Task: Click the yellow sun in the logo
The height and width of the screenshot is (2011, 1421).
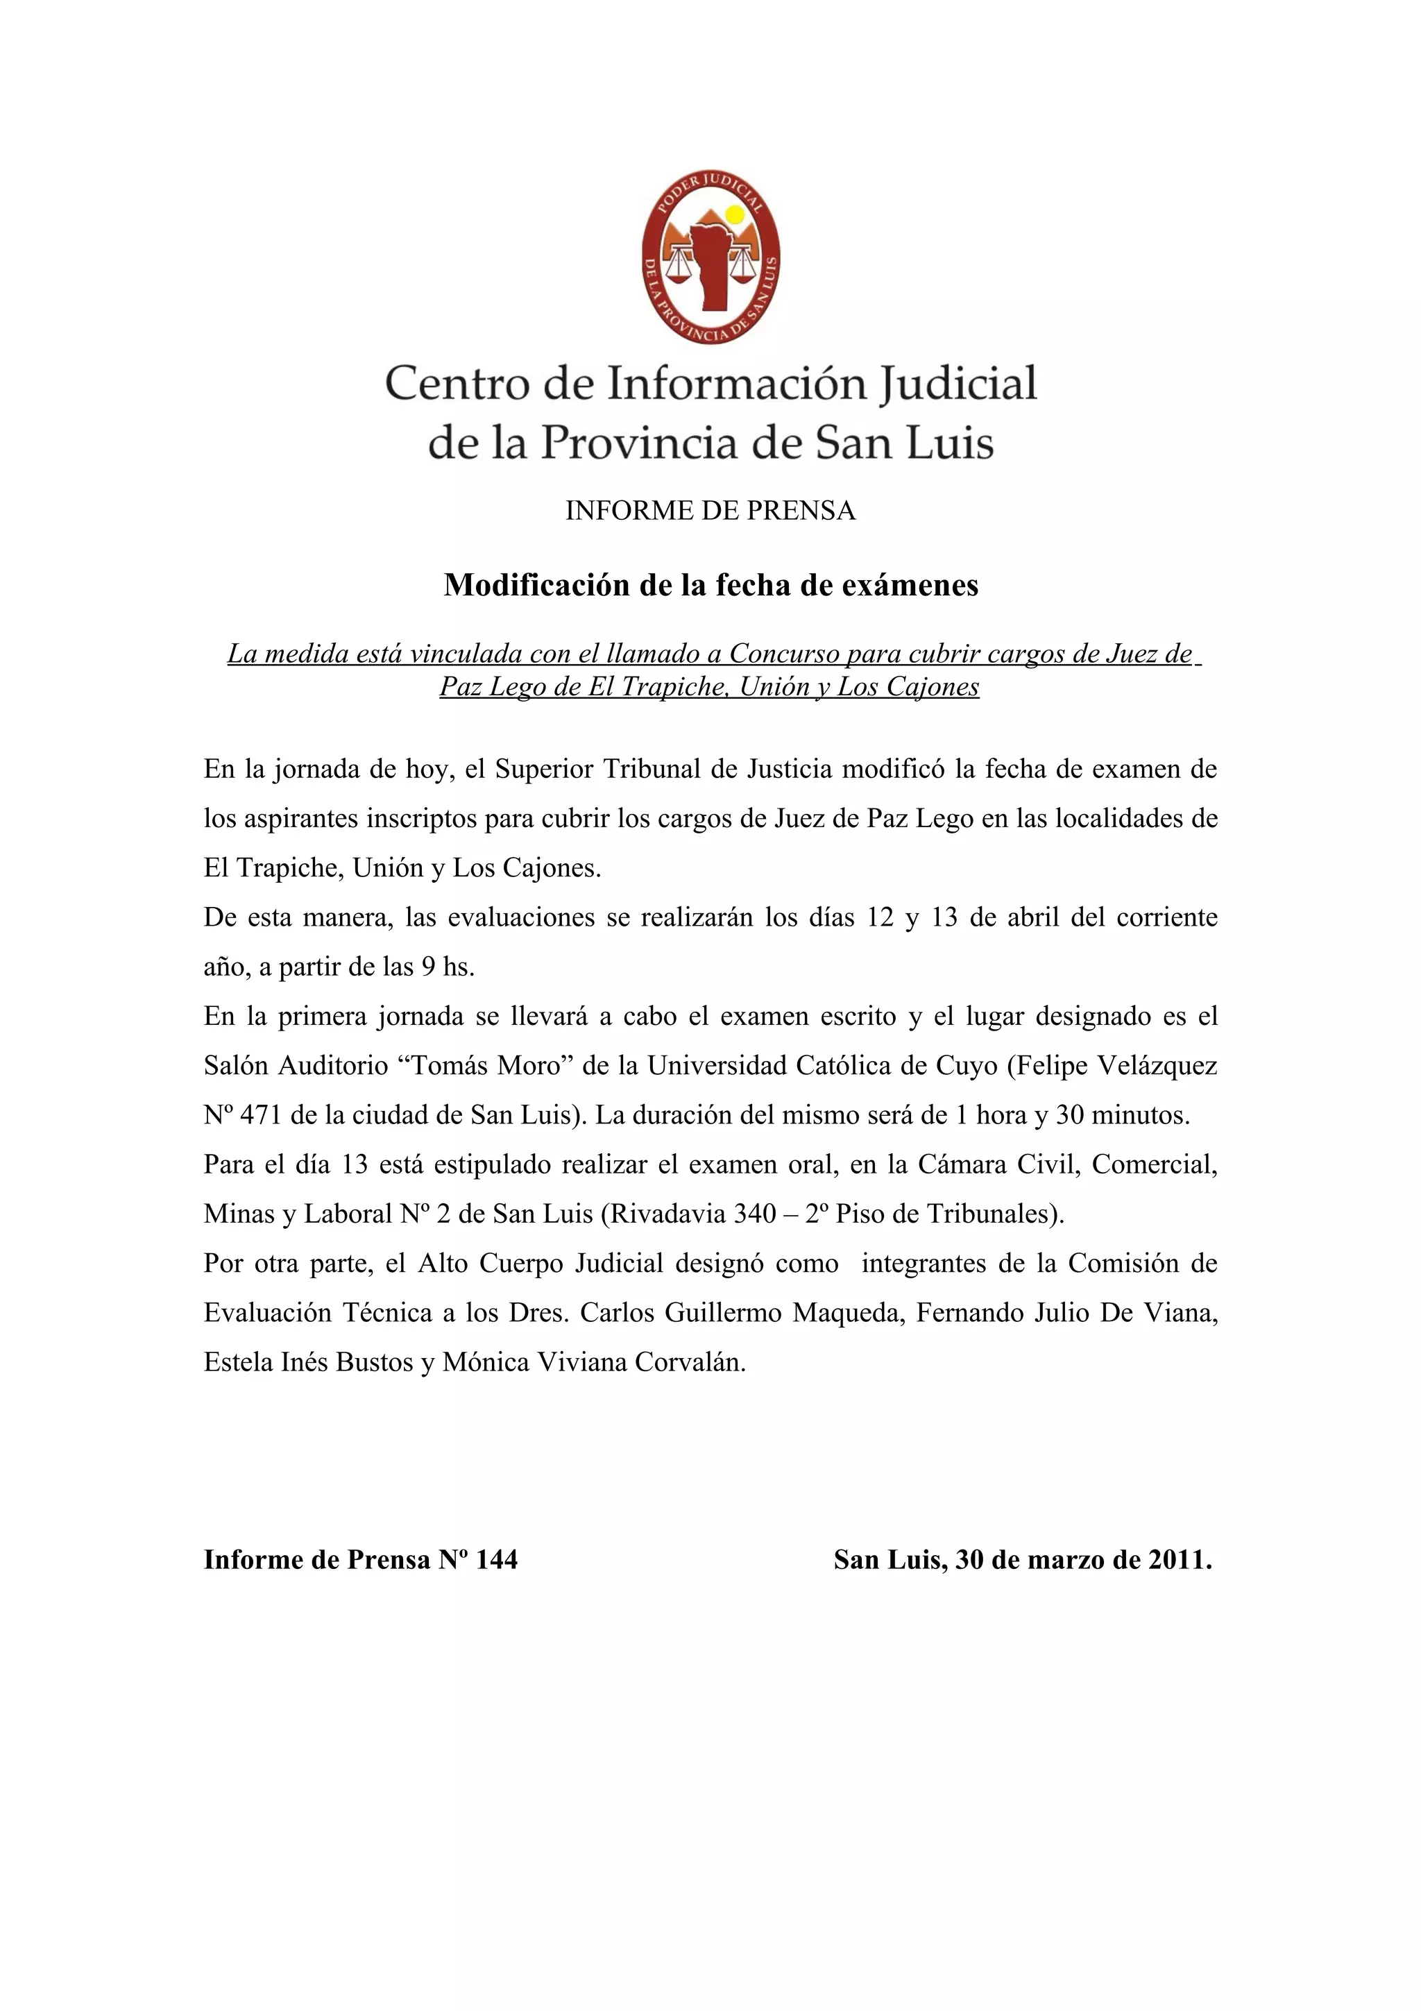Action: [x=735, y=214]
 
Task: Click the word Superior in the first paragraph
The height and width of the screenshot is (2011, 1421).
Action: [x=535, y=770]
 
